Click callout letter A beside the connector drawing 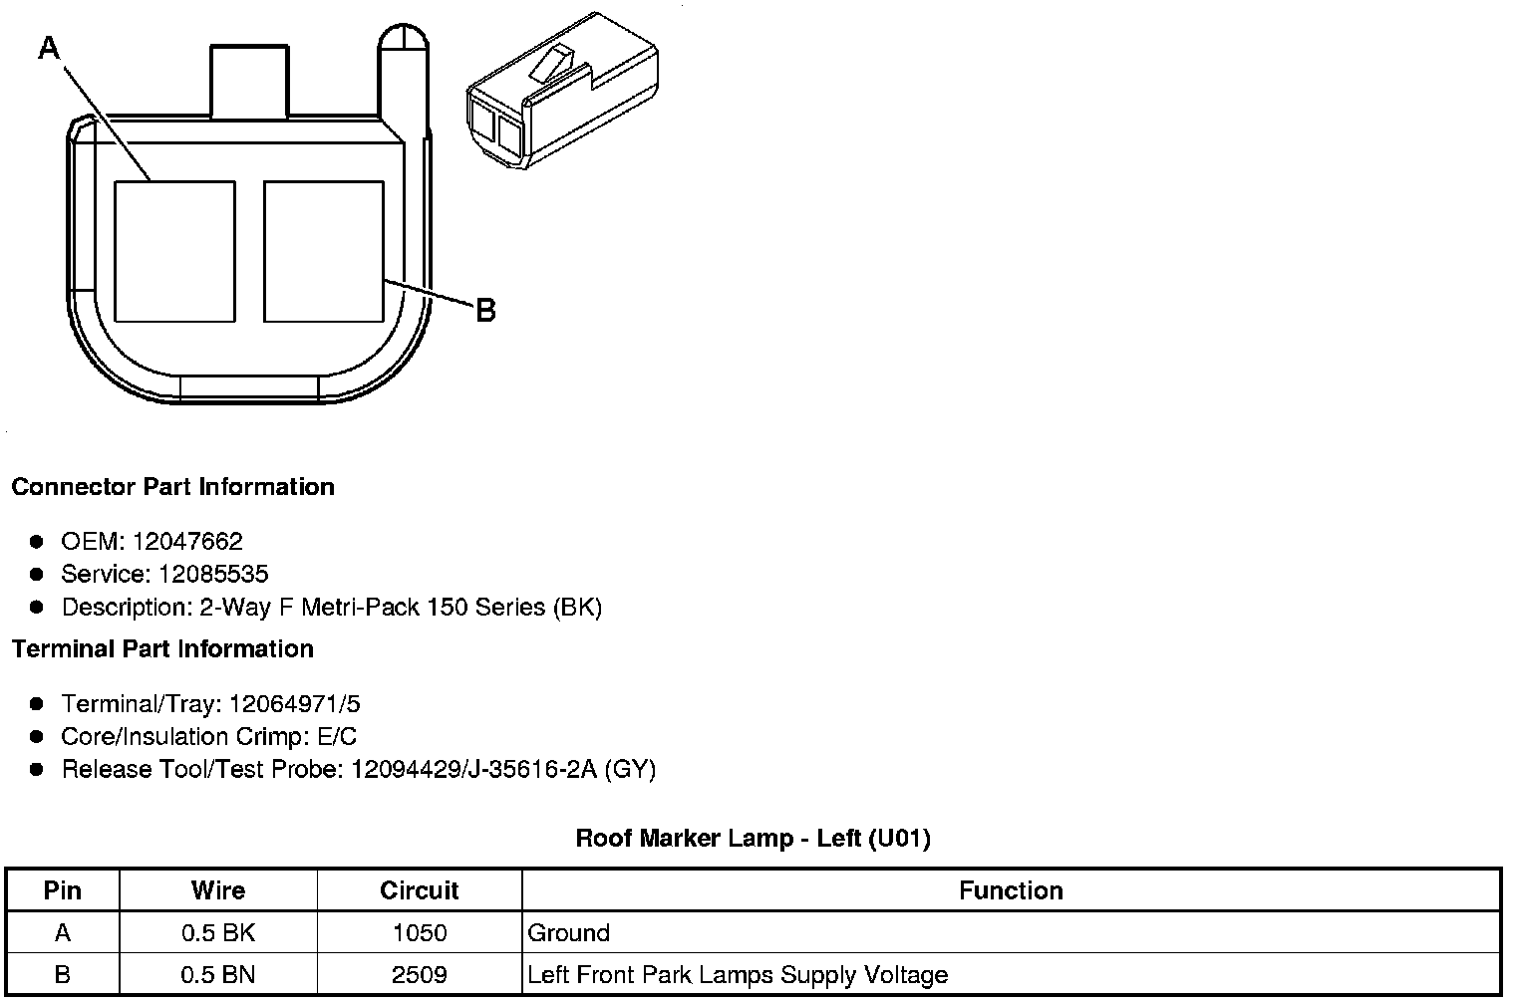[50, 48]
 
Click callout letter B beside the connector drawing [485, 310]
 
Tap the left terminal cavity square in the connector [174, 251]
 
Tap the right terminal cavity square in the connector [323, 251]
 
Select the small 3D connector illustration [562, 90]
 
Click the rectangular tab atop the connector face [249, 82]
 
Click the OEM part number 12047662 [187, 541]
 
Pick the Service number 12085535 [213, 574]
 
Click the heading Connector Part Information [173, 486]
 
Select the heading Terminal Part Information [162, 648]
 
